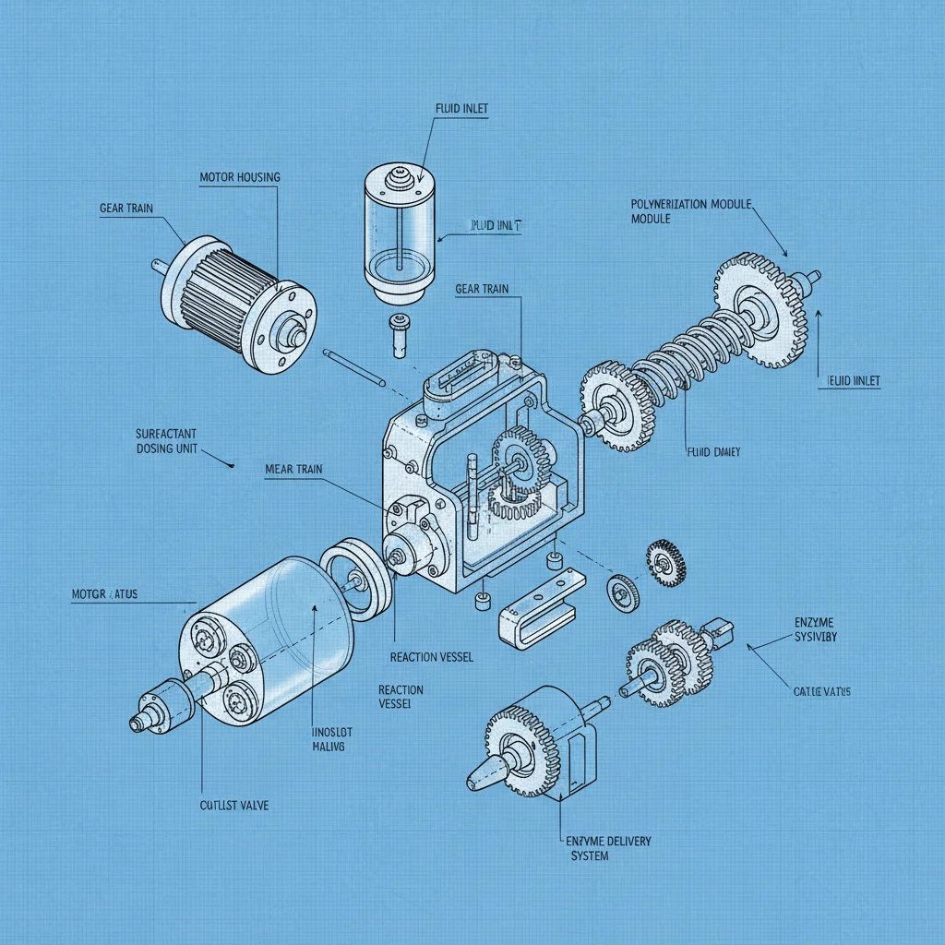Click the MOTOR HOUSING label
tap(239, 176)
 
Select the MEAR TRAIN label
tap(293, 470)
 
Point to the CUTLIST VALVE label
tap(235, 805)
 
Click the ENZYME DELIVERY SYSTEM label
tap(605, 848)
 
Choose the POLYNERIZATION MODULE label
tap(690, 211)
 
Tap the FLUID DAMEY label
tap(714, 452)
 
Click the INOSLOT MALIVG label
tap(320, 739)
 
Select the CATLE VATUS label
tap(821, 691)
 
